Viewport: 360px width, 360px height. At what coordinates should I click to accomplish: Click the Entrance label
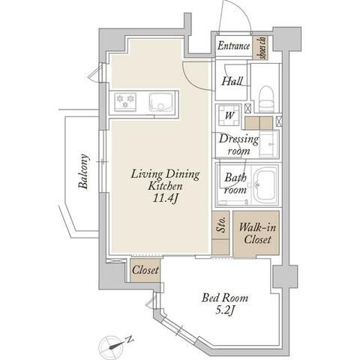point(233,46)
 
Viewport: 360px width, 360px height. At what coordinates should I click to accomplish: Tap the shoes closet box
point(260,48)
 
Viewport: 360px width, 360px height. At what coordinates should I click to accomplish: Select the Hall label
point(232,81)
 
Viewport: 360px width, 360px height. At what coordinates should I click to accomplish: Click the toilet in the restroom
point(266,99)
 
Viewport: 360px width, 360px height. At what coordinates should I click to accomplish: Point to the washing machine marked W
point(229,115)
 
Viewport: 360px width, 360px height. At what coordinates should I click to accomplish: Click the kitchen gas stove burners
point(125,101)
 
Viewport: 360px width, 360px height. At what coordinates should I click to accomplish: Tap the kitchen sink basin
point(160,102)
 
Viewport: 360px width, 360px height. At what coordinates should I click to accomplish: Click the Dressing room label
point(238,145)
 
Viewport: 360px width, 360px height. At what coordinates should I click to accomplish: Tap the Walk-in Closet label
point(257,233)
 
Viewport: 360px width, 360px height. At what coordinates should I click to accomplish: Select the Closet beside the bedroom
point(145,270)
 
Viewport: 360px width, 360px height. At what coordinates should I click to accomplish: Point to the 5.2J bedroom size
point(224,310)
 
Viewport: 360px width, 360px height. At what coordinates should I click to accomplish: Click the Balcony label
point(83,172)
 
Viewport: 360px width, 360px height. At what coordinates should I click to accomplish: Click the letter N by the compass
point(130,340)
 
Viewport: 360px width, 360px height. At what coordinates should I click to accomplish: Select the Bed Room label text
point(225,298)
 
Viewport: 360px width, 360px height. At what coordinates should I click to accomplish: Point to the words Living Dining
point(165,174)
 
